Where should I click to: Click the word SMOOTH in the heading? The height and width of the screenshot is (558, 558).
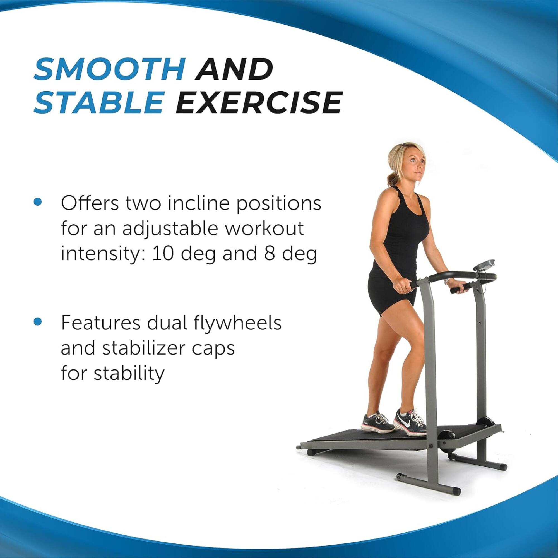pos(109,69)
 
